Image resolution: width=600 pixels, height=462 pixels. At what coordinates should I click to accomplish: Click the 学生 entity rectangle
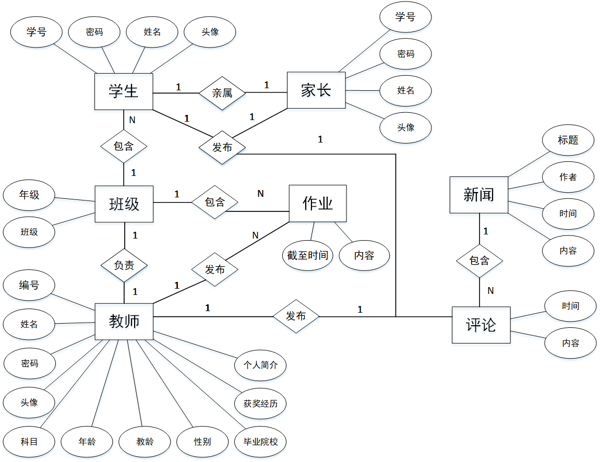pos(124,91)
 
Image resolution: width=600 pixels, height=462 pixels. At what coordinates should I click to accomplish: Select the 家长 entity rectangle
pos(316,90)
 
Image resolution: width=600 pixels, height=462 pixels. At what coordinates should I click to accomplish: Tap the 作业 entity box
pos(318,204)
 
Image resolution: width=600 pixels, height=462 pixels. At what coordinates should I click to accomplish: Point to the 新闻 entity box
pos(479,195)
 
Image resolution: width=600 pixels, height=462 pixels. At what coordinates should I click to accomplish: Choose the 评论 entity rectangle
pos(481,325)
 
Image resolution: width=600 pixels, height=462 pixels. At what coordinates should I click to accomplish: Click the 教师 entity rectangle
pos(124,321)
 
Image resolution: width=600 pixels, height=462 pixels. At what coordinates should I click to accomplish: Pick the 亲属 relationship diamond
pos(222,93)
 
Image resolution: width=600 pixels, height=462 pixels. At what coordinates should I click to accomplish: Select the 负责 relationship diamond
pos(124,265)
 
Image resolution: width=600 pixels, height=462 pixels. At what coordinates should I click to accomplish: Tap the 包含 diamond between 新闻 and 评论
pos(479,260)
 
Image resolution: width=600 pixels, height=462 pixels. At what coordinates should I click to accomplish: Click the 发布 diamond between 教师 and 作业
pos(215,269)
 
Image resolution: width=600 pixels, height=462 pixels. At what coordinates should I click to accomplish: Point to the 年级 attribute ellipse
pos(29,196)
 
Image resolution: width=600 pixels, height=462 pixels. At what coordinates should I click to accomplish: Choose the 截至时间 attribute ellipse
pos(307,255)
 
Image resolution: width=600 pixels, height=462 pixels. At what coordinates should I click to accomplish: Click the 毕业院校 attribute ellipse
pos(261,442)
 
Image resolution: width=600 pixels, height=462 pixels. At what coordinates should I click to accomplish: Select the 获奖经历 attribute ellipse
pos(261,403)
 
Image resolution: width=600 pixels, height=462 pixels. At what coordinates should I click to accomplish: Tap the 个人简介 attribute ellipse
pos(261,364)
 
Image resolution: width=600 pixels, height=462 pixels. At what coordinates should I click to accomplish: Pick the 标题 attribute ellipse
pos(568,140)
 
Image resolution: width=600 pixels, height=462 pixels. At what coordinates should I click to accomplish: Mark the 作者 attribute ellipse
pos(568,177)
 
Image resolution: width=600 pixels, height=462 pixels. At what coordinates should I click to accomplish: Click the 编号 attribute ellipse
pos(29,285)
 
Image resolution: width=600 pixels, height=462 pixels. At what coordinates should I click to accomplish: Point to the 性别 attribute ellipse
pos(202,442)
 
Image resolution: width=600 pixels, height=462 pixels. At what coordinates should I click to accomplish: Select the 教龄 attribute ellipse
pos(145,442)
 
